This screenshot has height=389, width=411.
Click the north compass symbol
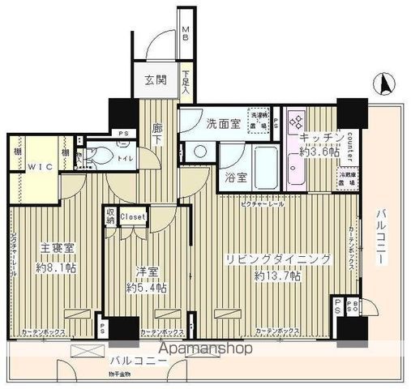383,82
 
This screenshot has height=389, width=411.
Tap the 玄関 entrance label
156,81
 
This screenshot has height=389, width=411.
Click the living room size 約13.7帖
278,276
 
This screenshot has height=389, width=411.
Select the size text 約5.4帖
146,288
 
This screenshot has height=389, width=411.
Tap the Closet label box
132,216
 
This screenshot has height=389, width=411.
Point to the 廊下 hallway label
159,134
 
